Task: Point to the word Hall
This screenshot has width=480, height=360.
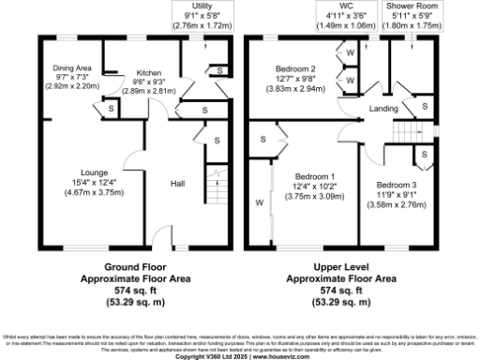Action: pyautogui.click(x=177, y=184)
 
